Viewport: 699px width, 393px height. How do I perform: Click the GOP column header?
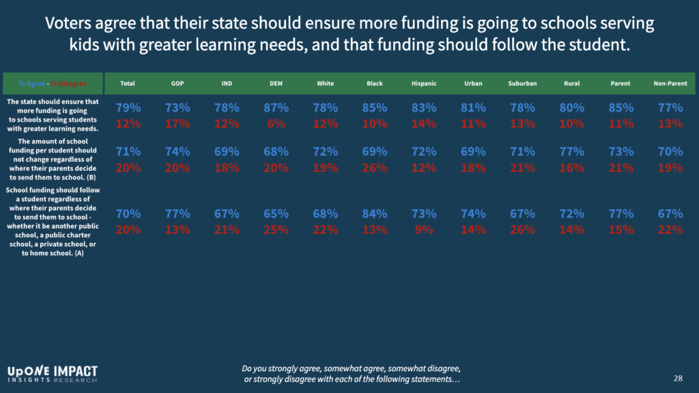[x=177, y=83]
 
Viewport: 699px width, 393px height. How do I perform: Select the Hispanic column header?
[x=424, y=83]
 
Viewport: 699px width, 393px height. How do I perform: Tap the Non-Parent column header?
[x=670, y=83]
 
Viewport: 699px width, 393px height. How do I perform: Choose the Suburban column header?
[x=522, y=83]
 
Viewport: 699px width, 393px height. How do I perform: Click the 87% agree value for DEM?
[x=276, y=108]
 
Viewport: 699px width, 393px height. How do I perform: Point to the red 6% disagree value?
[x=276, y=124]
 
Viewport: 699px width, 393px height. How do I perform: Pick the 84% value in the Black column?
[x=375, y=214]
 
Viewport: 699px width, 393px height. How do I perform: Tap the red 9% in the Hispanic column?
[x=424, y=230]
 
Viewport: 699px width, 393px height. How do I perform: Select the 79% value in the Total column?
[x=128, y=108]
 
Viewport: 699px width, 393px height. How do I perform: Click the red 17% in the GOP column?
[x=177, y=124]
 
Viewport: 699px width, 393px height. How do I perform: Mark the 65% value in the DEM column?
[x=276, y=214]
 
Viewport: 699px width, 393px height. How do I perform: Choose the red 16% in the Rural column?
[x=572, y=168]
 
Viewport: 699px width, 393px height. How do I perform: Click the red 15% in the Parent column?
[x=621, y=230]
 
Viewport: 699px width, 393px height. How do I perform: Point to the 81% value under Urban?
[x=473, y=108]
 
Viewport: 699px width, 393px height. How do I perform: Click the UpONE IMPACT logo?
[x=53, y=373]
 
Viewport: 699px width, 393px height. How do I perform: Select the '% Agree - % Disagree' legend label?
[x=53, y=83]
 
